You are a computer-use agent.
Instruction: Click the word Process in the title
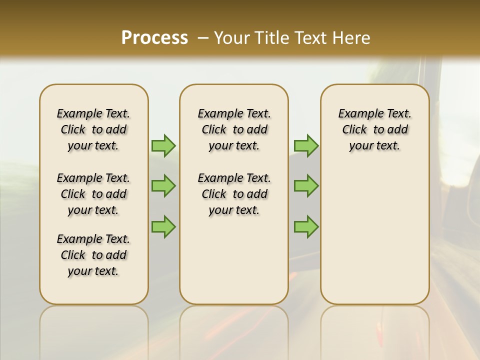coord(154,38)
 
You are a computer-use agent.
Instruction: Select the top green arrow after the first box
coord(163,145)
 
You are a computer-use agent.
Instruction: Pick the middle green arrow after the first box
coord(163,186)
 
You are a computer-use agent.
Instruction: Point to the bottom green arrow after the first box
coord(163,226)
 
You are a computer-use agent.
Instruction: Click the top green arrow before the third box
coord(306,145)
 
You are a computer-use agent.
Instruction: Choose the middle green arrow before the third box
coord(306,186)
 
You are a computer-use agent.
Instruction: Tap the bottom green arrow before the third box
coord(306,226)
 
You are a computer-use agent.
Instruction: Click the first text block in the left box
coord(93,129)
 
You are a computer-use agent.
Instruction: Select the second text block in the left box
coord(93,194)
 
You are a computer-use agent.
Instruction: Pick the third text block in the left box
coord(93,255)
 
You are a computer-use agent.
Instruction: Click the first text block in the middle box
coord(234,129)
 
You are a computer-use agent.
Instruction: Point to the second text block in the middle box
coord(234,194)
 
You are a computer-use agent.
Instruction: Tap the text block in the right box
coord(374,129)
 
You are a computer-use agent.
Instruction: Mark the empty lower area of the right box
coord(374,235)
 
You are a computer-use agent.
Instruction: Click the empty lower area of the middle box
coord(234,260)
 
